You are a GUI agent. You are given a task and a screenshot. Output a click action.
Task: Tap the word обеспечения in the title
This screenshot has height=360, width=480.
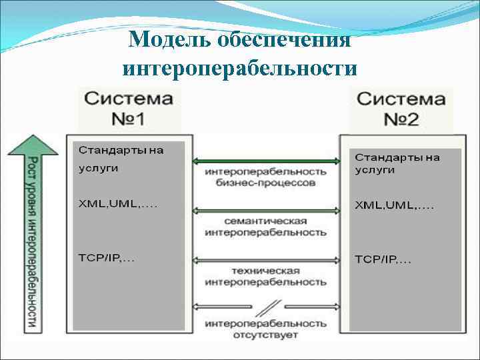(x=285, y=40)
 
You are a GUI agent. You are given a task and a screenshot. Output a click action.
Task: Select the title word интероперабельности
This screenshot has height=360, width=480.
(x=240, y=68)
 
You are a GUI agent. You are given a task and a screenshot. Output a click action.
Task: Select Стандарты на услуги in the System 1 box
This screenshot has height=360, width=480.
(x=121, y=159)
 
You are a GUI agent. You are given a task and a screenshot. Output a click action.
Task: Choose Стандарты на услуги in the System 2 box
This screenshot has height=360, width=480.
(x=397, y=163)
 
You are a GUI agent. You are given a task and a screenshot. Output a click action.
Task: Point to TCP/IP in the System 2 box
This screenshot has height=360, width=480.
(x=383, y=259)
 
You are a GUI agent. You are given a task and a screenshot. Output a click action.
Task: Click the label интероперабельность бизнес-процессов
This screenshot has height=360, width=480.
(x=266, y=177)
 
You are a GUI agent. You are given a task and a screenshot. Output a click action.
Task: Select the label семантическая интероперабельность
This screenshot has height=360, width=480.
(x=266, y=227)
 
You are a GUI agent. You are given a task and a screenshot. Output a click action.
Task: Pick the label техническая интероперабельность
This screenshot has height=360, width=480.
(x=266, y=277)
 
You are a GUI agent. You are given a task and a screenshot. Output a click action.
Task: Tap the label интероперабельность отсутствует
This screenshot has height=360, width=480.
(x=266, y=329)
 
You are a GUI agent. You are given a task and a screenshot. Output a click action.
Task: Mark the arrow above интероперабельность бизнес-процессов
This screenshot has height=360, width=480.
(x=266, y=161)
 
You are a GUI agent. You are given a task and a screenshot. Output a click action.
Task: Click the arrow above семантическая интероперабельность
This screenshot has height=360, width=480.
(x=266, y=210)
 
